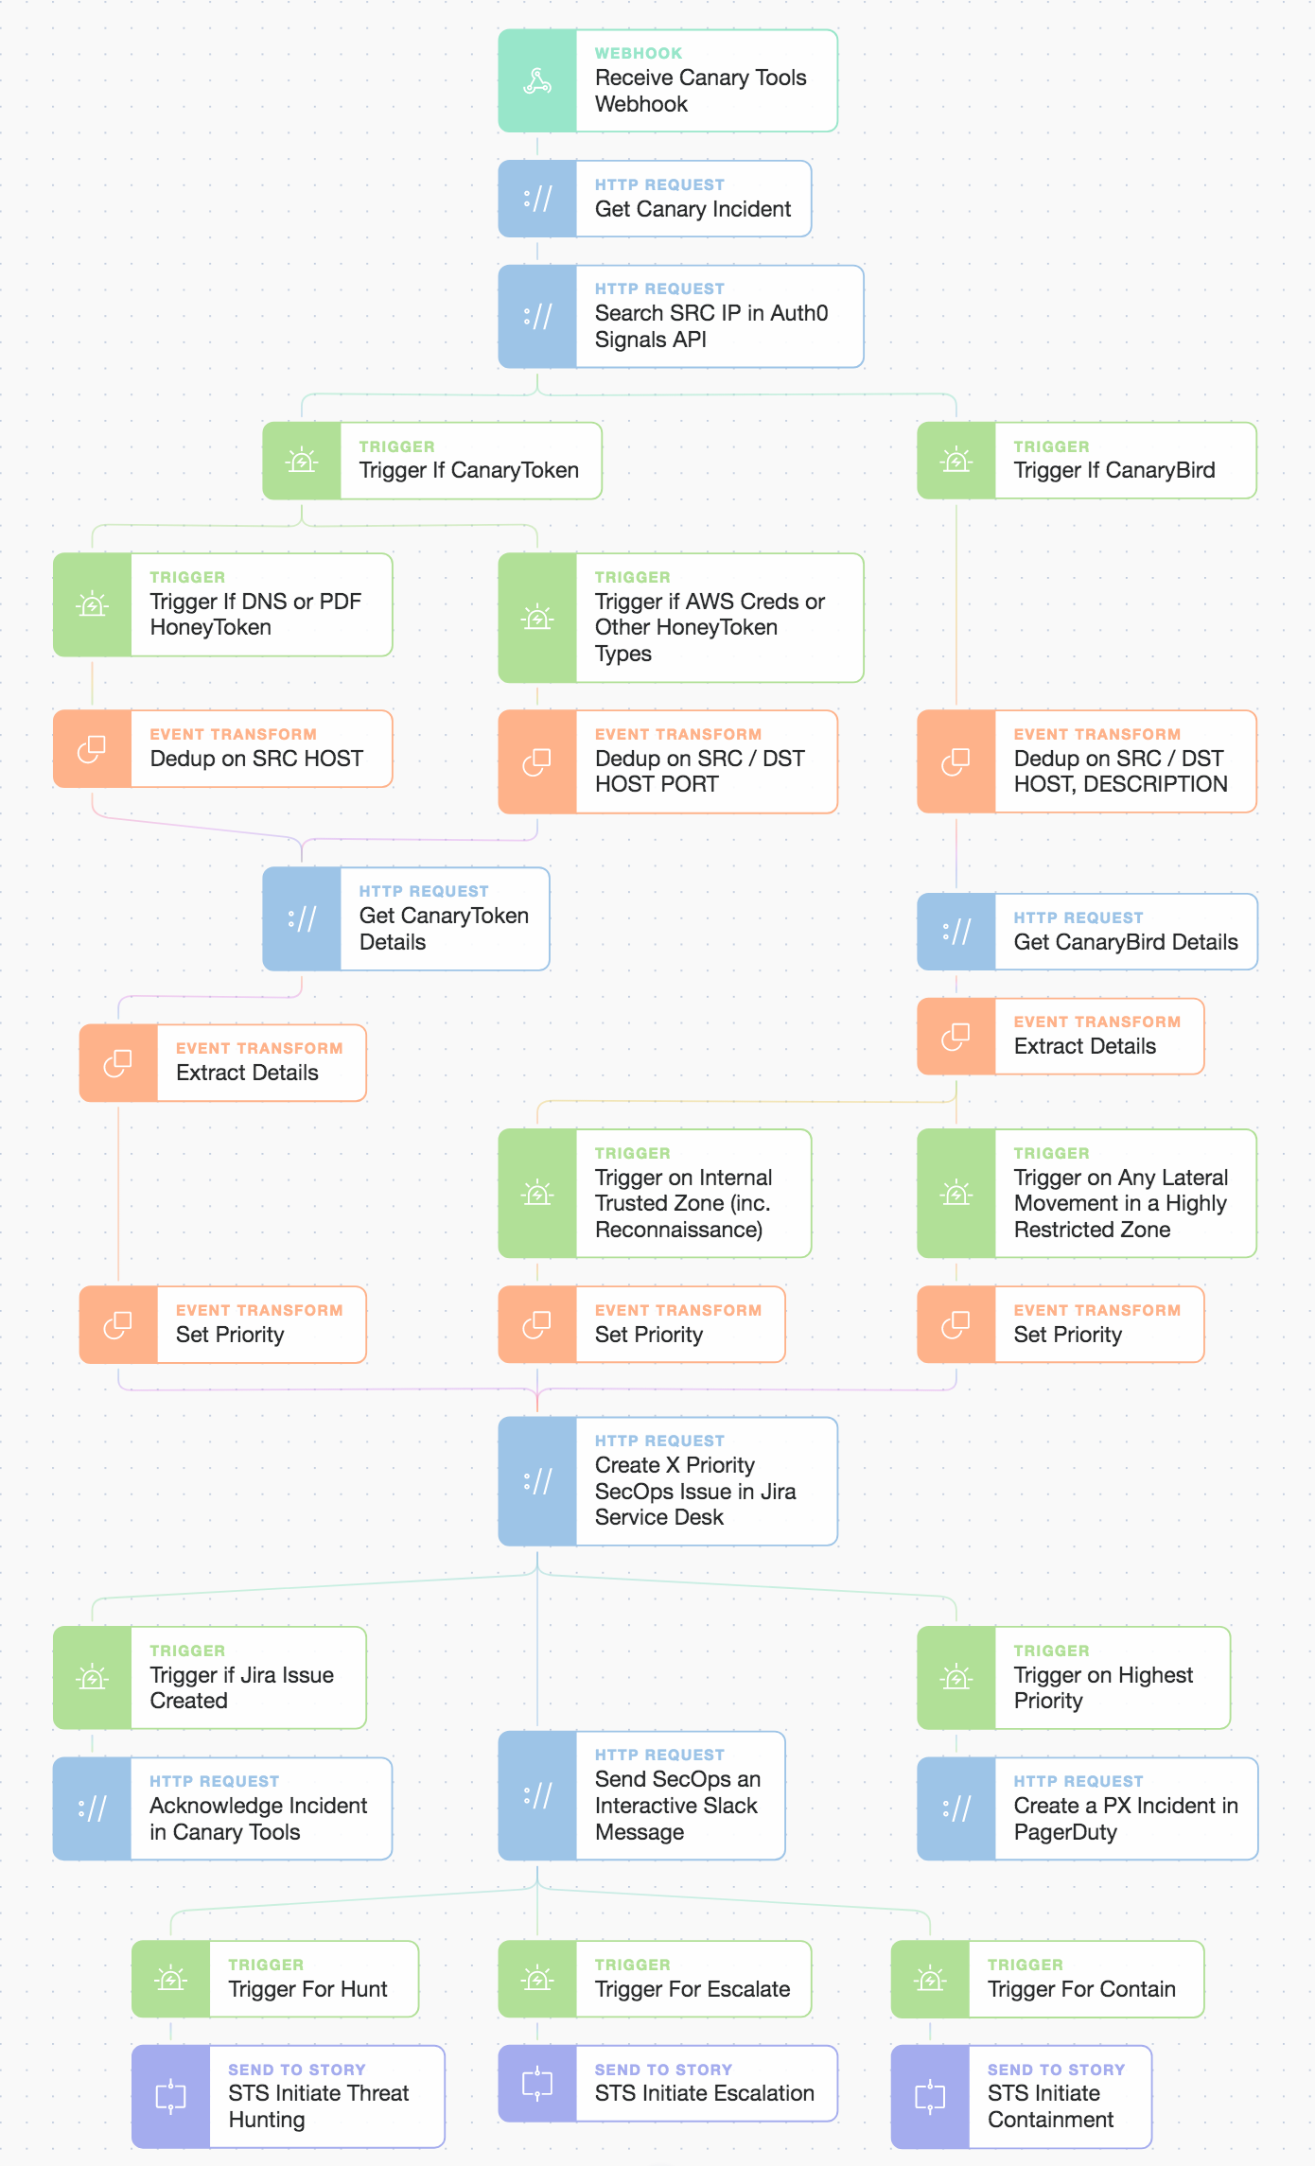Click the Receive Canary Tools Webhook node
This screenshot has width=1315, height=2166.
(x=668, y=80)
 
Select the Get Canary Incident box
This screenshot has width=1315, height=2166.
(x=655, y=199)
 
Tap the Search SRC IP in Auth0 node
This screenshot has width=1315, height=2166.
(x=681, y=316)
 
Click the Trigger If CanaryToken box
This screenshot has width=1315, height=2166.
(x=432, y=461)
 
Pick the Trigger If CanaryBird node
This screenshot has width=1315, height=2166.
(x=1087, y=461)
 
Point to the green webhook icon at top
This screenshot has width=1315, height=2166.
(x=537, y=80)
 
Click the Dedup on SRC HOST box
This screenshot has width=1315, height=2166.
(x=222, y=748)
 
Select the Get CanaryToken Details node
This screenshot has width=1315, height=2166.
(x=406, y=918)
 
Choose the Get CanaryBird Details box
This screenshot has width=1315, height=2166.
(x=1087, y=932)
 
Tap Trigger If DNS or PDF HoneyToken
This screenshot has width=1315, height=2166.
(x=222, y=604)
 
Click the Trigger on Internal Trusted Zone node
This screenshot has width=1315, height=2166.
(x=655, y=1193)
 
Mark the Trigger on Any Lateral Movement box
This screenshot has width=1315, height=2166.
(x=1087, y=1193)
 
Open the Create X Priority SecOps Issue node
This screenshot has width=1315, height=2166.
(x=668, y=1481)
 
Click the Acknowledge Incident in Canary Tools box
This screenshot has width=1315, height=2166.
(x=222, y=1808)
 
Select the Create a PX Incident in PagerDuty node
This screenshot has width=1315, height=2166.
(x=1087, y=1808)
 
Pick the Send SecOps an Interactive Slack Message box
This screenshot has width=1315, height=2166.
(x=641, y=1795)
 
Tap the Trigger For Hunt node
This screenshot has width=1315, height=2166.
(x=275, y=1979)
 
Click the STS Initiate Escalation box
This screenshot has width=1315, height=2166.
(x=668, y=2083)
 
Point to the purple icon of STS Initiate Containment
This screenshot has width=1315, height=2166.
(x=930, y=2096)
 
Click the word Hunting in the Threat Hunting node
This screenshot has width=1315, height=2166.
(x=267, y=2120)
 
